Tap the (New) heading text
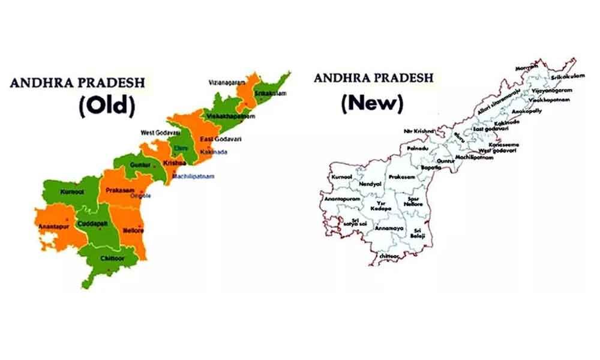[x=371, y=103]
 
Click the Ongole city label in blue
[x=142, y=196]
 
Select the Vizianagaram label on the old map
[x=227, y=82]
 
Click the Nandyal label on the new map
[x=370, y=184]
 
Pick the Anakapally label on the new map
[x=525, y=110]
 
